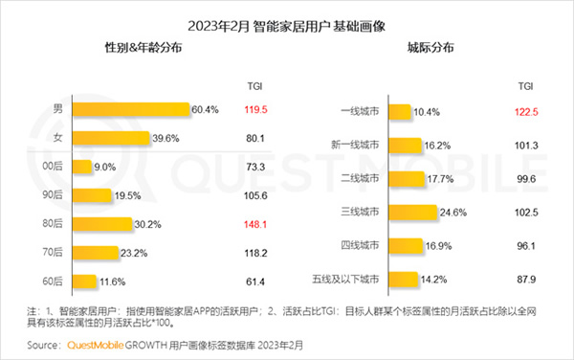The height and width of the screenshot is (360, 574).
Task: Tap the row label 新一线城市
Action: [x=354, y=146]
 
